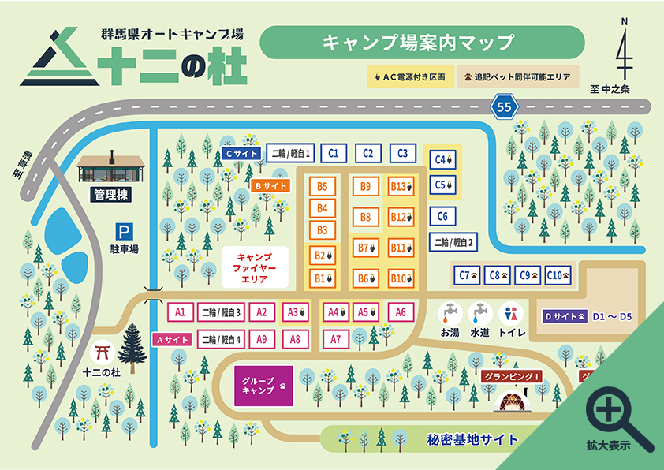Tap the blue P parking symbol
[123, 232]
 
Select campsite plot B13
[401, 187]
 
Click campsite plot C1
[334, 153]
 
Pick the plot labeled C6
[442, 216]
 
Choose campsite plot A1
[180, 312]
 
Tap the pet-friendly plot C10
[558, 275]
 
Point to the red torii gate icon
[103, 350]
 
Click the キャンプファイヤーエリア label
[254, 268]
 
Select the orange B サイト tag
[270, 186]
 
